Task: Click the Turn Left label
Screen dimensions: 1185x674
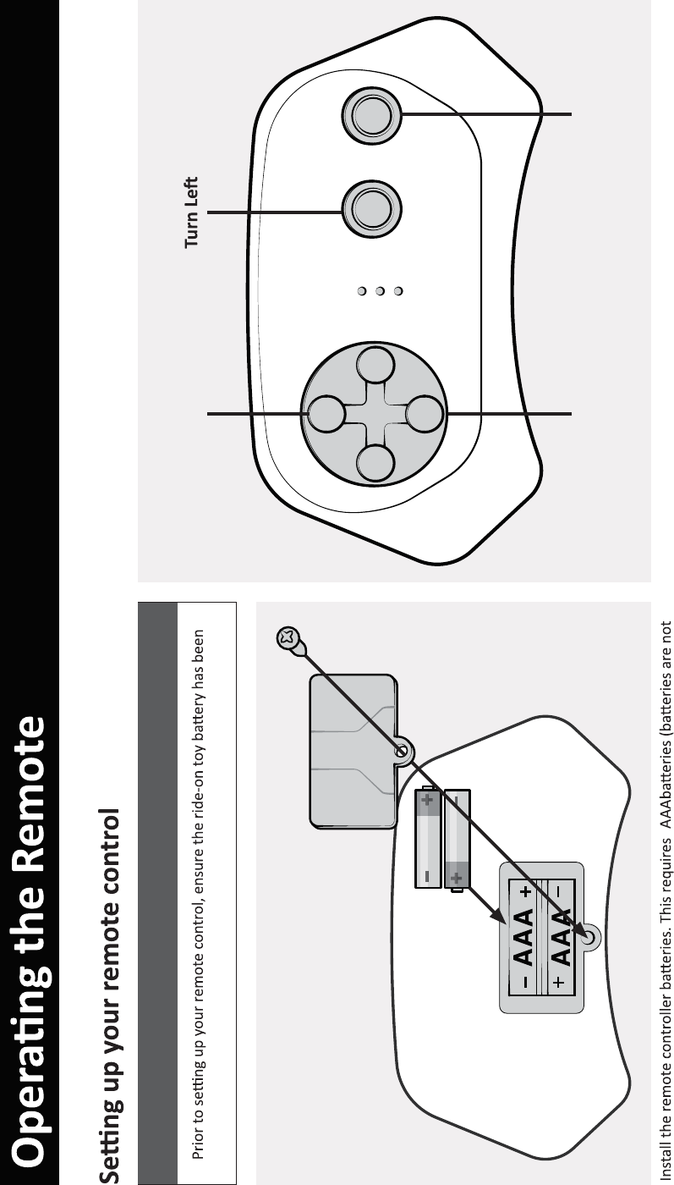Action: (192, 212)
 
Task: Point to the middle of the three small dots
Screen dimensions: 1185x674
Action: (381, 292)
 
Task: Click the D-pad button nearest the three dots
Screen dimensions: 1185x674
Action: (375, 366)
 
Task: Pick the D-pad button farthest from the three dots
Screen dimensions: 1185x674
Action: (375, 461)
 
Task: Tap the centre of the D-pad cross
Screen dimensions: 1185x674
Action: (375, 414)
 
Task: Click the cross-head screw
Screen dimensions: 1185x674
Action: (288, 638)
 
